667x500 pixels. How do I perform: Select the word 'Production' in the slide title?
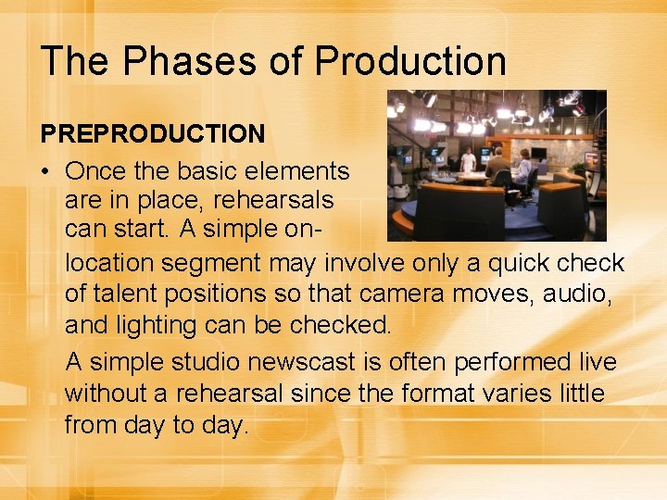click(410, 61)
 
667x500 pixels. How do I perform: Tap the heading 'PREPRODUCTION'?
click(153, 134)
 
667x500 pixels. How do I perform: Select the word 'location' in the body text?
click(109, 263)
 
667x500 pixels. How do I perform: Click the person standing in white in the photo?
click(469, 161)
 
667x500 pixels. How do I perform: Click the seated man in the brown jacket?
click(497, 169)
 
